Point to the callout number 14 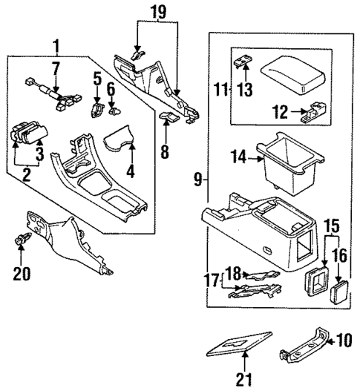(239, 157)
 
